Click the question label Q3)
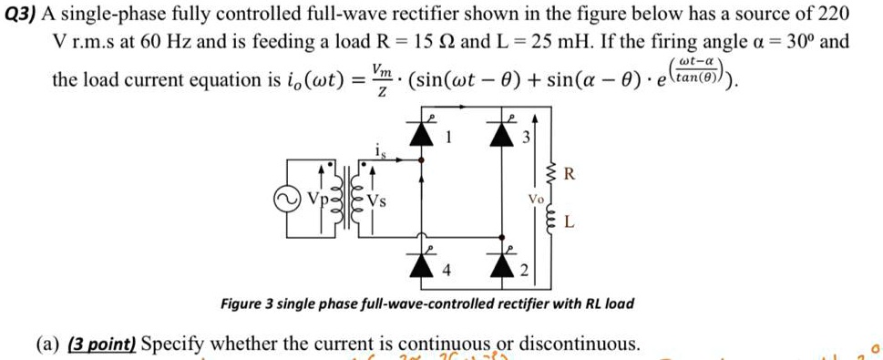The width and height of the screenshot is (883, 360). [22, 15]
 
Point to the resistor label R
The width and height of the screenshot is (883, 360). [569, 173]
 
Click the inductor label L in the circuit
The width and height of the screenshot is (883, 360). [570, 221]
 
